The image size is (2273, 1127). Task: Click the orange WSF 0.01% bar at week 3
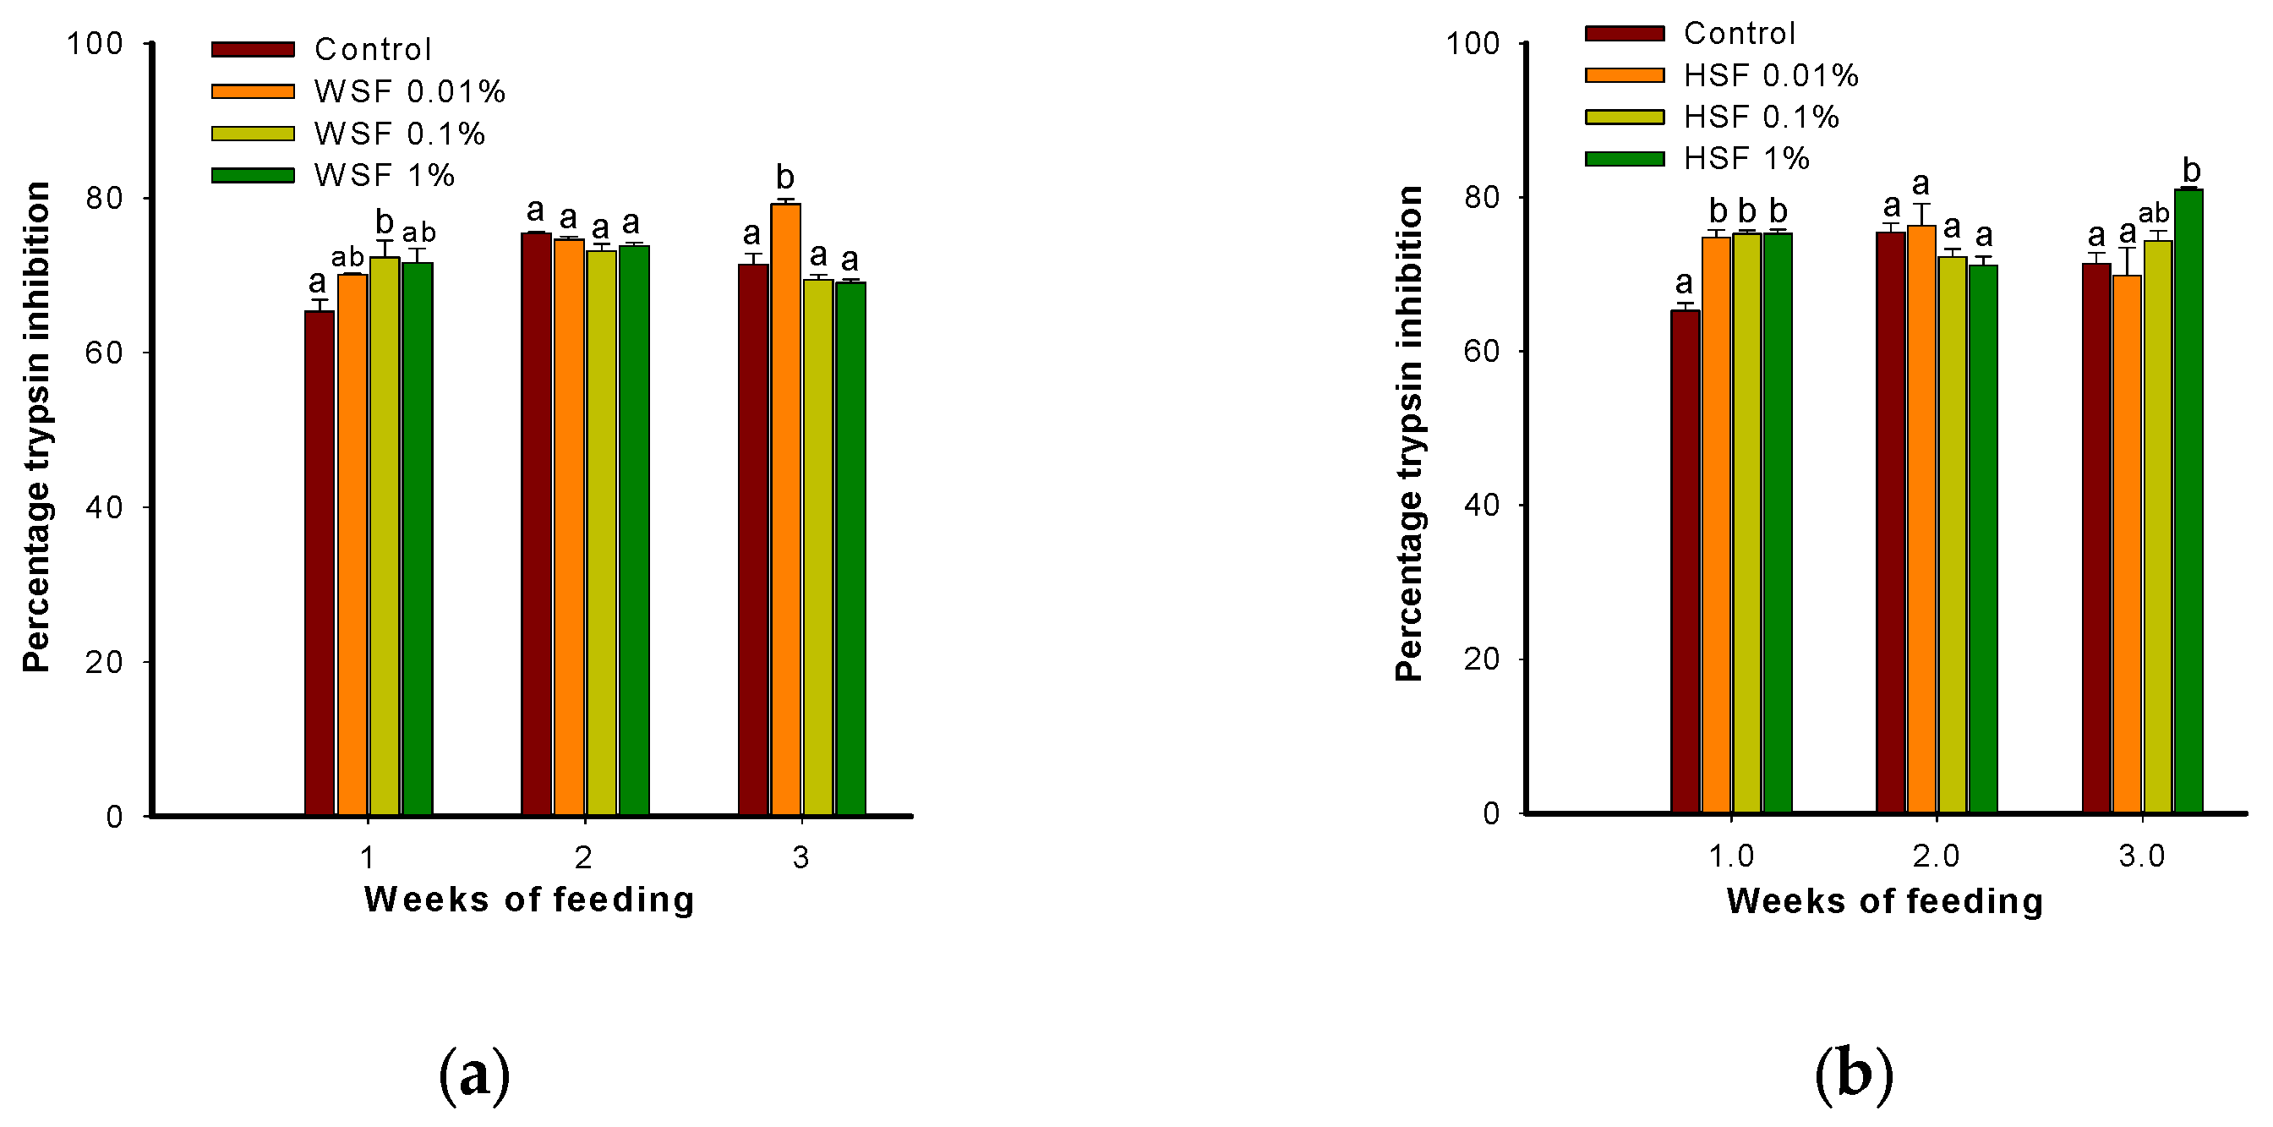(784, 512)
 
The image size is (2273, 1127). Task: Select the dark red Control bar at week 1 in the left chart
(320, 565)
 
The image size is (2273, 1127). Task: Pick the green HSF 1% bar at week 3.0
(2188, 503)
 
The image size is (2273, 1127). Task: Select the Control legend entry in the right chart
(1738, 34)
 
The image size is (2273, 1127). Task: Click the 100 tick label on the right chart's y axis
(1472, 43)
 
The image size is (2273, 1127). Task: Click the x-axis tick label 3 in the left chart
(800, 857)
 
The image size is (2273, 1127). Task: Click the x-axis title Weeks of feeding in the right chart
(1885, 901)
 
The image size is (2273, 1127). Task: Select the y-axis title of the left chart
(37, 428)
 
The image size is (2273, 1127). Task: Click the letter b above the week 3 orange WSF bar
(784, 178)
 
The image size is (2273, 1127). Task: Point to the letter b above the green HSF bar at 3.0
(2191, 170)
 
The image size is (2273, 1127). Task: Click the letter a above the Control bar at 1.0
(1684, 283)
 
